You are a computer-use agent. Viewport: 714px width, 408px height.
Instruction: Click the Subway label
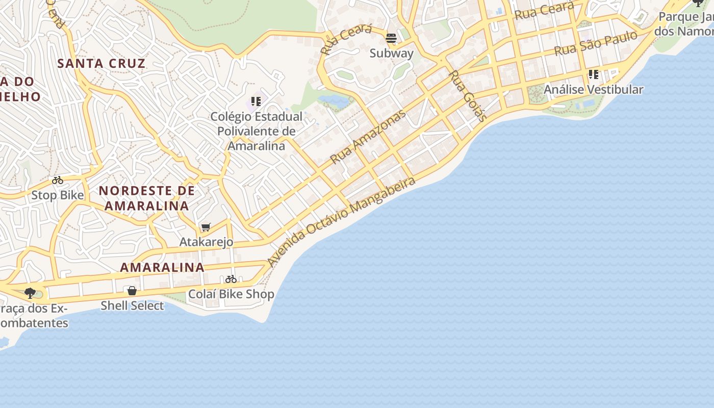click(x=391, y=53)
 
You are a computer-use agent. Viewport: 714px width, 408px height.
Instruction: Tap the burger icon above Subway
click(x=391, y=38)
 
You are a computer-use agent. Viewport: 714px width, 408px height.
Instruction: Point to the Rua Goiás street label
click(x=467, y=96)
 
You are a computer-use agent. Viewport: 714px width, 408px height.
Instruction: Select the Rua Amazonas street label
click(x=368, y=136)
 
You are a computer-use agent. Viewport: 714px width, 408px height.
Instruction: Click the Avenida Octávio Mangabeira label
click(x=341, y=221)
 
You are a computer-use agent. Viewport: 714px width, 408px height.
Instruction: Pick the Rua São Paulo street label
click(x=596, y=43)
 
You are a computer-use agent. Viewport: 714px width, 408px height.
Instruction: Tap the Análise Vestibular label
click(x=593, y=89)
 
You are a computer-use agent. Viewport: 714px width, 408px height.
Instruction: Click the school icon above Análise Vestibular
click(x=593, y=74)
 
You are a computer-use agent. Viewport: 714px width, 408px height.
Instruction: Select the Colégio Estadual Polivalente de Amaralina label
click(x=257, y=131)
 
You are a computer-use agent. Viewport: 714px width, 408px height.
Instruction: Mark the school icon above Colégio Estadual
click(x=256, y=101)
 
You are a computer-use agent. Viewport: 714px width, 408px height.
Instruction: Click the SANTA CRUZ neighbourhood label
click(x=101, y=64)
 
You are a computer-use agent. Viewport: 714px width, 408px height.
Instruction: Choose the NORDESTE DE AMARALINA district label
click(x=147, y=198)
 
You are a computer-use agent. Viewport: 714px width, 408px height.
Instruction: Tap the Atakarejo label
click(x=206, y=242)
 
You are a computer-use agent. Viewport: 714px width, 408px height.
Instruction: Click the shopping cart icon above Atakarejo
click(x=206, y=227)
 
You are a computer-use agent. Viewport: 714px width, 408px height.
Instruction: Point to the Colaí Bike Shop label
click(x=231, y=294)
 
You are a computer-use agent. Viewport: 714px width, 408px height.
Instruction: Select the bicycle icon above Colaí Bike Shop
click(x=231, y=279)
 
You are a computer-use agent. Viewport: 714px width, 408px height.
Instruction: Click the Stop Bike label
click(x=58, y=195)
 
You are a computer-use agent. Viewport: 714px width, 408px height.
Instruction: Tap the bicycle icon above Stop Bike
click(x=58, y=180)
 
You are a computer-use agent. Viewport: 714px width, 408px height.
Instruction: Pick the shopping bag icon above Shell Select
click(x=132, y=291)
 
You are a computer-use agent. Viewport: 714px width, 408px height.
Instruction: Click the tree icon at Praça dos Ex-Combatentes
click(x=30, y=293)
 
